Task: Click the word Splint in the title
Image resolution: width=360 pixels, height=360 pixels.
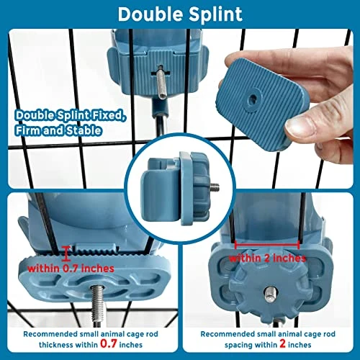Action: [x=215, y=15]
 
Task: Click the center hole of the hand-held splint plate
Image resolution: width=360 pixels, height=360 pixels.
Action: [x=252, y=99]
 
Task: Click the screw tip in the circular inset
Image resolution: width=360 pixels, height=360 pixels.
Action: [x=215, y=186]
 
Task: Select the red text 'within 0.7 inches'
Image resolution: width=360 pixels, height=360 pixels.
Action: [x=71, y=269]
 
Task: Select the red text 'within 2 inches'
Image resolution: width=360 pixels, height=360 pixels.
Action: [x=267, y=258]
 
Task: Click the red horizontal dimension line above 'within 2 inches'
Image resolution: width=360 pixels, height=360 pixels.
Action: [x=267, y=245]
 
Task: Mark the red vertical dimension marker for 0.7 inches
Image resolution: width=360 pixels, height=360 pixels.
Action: [x=66, y=254]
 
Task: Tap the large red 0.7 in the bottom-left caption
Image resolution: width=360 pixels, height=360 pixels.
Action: [x=109, y=344]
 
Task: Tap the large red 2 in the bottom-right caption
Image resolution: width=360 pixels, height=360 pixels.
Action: [x=282, y=344]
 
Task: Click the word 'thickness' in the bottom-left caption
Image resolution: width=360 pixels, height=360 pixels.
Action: [x=56, y=345]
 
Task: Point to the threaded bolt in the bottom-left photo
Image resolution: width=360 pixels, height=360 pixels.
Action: [x=98, y=305]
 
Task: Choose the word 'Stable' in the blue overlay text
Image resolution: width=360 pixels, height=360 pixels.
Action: [x=84, y=130]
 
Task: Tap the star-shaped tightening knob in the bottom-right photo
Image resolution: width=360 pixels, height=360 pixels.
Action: [x=267, y=286]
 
